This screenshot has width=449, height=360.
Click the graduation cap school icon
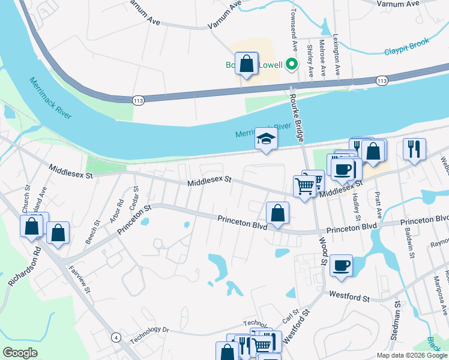pos(266,140)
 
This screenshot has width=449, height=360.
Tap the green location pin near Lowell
pos(292,64)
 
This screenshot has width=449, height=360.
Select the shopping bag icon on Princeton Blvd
pos(277,213)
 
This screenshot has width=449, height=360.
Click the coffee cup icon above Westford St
pos(341,265)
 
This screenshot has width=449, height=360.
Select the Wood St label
pos(322,253)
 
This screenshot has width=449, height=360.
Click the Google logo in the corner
pos(20,353)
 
